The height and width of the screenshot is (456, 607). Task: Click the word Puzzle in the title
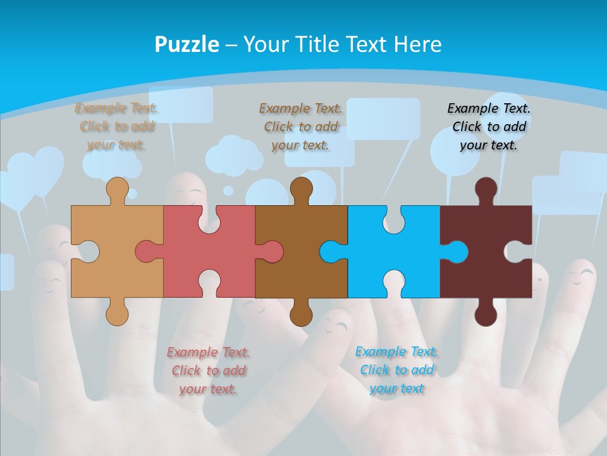(187, 44)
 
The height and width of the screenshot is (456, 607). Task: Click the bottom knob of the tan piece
(116, 315)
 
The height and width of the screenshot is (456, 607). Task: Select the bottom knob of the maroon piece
(486, 315)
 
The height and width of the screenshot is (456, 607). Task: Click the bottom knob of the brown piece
(301, 315)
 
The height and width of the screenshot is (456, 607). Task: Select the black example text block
(489, 127)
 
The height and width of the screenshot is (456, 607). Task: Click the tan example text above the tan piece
(116, 127)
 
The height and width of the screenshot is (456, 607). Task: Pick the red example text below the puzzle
(208, 370)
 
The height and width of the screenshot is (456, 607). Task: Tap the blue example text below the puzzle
(396, 370)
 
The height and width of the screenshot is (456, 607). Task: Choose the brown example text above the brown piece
(300, 127)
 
